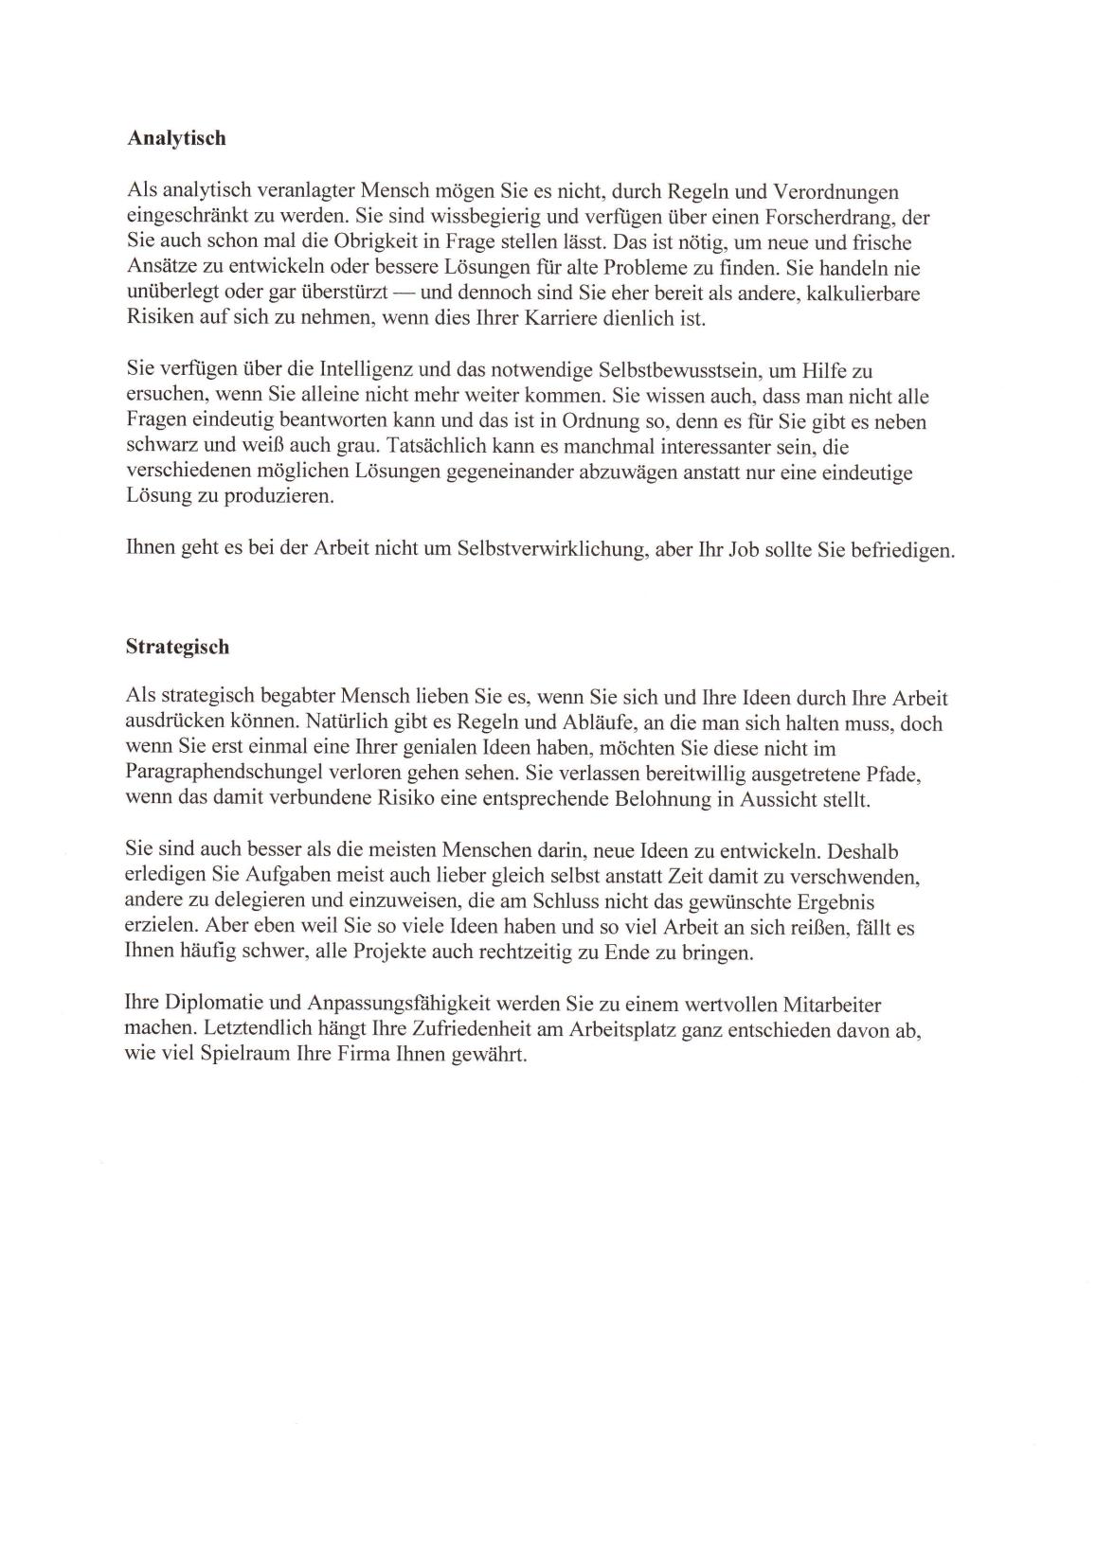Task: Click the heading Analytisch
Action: pos(176,138)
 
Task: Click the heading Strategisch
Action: pos(177,648)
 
